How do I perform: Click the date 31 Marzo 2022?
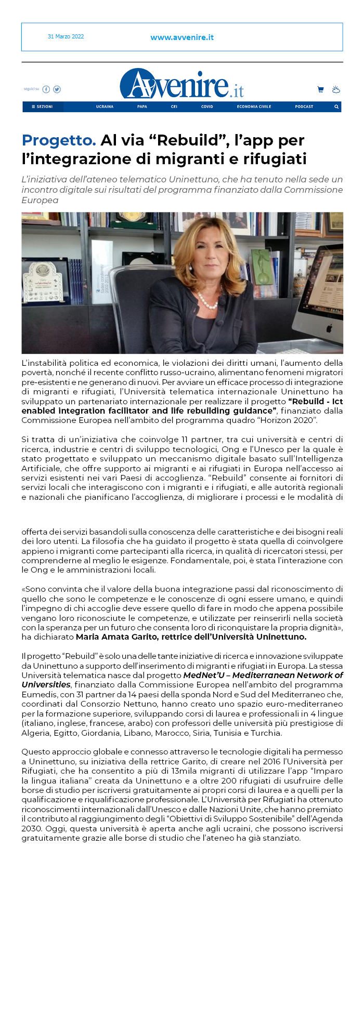click(66, 37)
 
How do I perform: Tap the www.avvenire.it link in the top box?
click(182, 37)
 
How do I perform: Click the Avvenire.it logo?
click(181, 85)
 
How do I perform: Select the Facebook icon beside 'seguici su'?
click(46, 89)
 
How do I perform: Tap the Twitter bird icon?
click(57, 89)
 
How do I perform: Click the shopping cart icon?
click(320, 90)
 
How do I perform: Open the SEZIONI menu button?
click(43, 107)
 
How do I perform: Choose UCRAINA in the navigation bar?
click(105, 107)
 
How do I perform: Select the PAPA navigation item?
click(142, 107)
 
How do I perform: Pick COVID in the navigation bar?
click(207, 107)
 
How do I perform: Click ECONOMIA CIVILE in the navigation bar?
click(254, 107)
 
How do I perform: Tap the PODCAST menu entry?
click(304, 107)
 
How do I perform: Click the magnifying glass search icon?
click(336, 107)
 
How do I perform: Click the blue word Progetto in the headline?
click(59, 140)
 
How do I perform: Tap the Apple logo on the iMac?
click(329, 328)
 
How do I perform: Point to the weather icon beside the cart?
click(336, 90)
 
